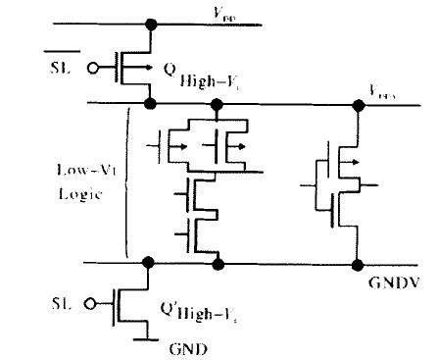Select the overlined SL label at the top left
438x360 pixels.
(64, 69)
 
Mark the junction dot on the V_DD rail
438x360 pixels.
(150, 23)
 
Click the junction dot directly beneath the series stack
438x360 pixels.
(217, 263)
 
